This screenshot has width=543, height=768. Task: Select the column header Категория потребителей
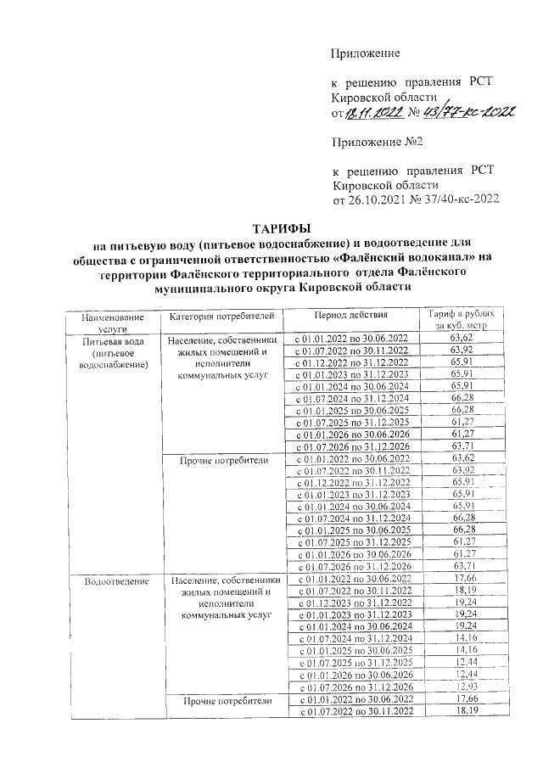tap(221, 317)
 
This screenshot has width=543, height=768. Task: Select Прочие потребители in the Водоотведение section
tap(221, 701)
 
